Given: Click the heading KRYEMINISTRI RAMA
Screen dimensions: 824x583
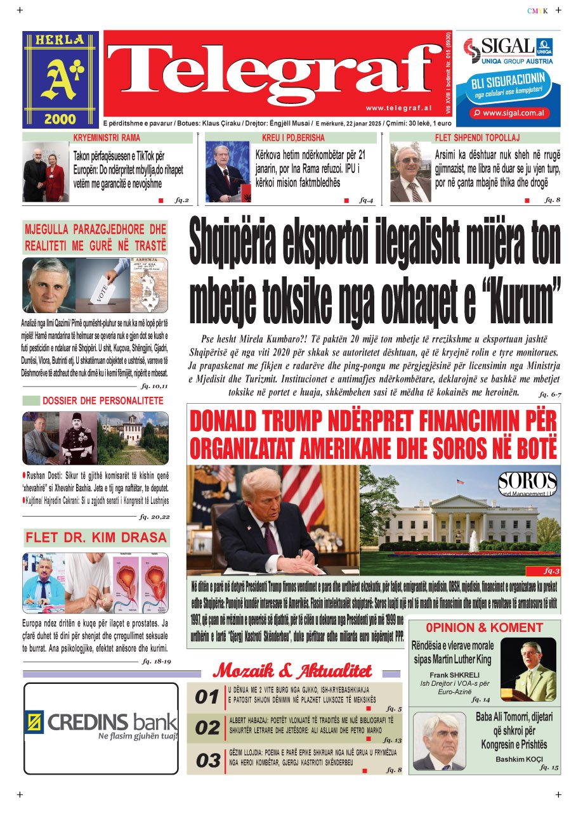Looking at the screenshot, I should pyautogui.click(x=107, y=138).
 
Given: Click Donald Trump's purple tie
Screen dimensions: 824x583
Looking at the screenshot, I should pyautogui.click(x=270, y=539).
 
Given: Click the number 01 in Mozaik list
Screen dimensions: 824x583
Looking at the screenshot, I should pyautogui.click(x=207, y=698).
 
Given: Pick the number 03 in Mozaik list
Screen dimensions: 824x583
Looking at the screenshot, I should pyautogui.click(x=207, y=761).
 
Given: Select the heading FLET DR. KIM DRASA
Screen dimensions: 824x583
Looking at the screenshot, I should pyautogui.click(x=96, y=538).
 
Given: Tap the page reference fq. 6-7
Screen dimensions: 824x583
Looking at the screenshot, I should pyautogui.click(x=549, y=394).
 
